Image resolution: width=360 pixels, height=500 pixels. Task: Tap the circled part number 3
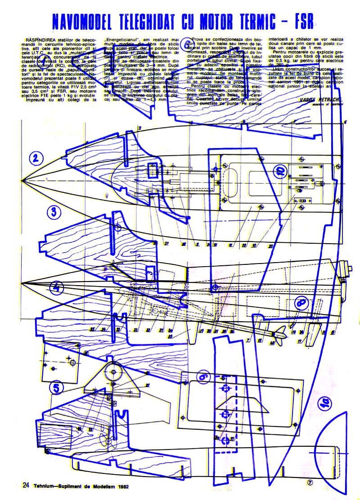[x=54, y=212]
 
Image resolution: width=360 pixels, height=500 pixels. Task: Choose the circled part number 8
[x=300, y=304]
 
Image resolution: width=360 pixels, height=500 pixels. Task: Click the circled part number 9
[x=203, y=376]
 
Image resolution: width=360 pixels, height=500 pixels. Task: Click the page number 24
[x=26, y=485]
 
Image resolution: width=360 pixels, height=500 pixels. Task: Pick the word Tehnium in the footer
[x=45, y=486]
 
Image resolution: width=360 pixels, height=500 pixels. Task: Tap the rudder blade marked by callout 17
[x=310, y=337]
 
